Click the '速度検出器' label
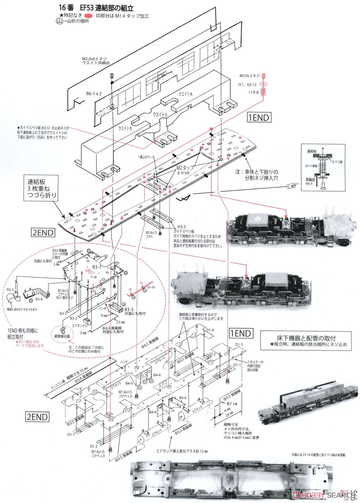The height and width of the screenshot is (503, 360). point(62,336)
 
